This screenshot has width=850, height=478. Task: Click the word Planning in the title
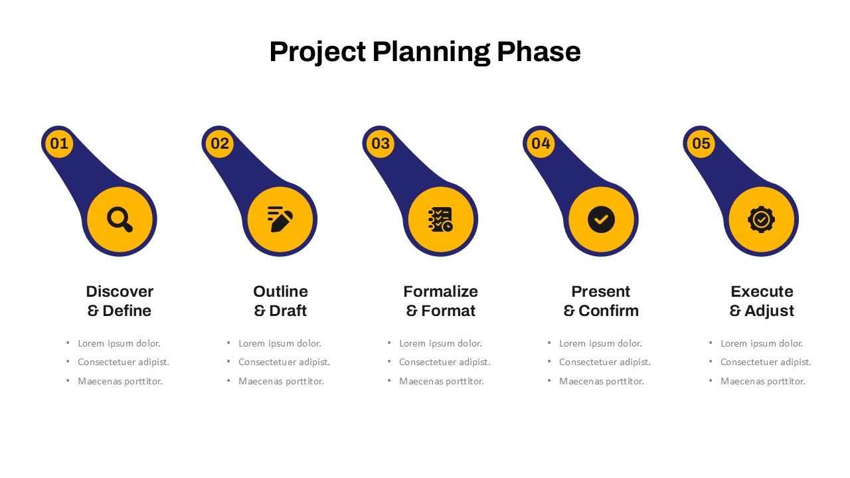point(432,52)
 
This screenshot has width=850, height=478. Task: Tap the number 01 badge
point(59,143)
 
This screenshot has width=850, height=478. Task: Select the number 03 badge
point(381,143)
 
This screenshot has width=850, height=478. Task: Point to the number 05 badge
point(701,143)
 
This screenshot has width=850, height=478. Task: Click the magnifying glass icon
point(120,219)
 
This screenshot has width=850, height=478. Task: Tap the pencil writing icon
point(280,219)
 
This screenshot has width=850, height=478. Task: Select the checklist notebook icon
point(440,219)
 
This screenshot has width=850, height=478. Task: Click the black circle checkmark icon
point(601,219)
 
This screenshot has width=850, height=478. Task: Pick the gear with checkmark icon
point(761,219)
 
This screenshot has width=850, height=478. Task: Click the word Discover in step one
point(120,291)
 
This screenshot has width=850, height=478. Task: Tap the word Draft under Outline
point(288,311)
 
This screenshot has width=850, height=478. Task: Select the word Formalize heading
point(440,291)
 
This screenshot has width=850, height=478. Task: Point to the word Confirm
point(609,311)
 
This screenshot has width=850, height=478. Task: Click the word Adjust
point(769,311)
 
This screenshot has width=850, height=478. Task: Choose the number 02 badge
point(220,143)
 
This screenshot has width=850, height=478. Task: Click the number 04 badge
point(541,143)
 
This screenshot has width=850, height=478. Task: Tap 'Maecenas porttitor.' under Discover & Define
point(120,381)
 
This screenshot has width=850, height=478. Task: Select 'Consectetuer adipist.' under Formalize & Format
point(445,362)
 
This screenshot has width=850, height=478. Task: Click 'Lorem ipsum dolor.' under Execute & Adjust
point(762,343)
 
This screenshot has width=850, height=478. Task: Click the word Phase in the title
point(539,52)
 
